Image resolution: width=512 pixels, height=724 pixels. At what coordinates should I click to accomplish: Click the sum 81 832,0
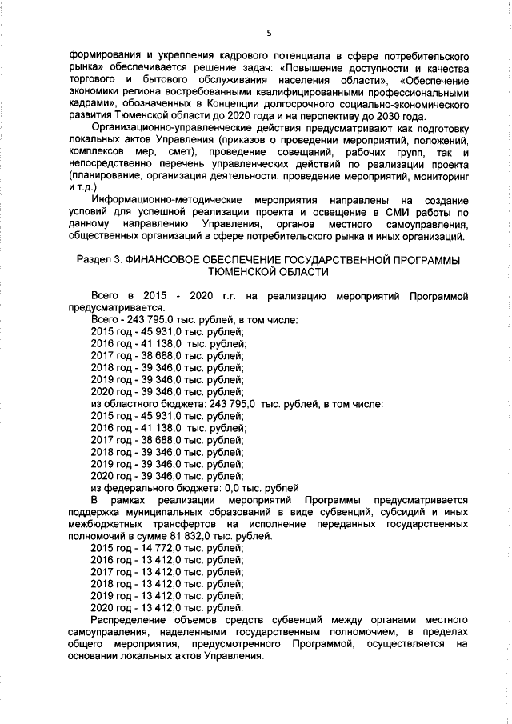click(x=202, y=535)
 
